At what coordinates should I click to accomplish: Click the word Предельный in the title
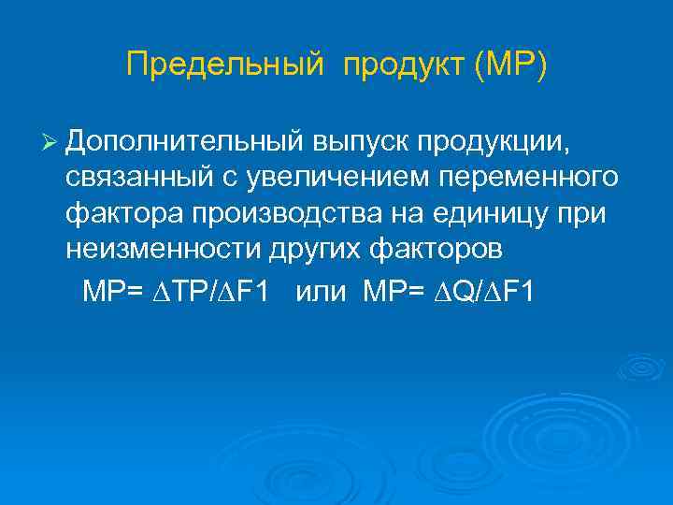click(224, 65)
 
